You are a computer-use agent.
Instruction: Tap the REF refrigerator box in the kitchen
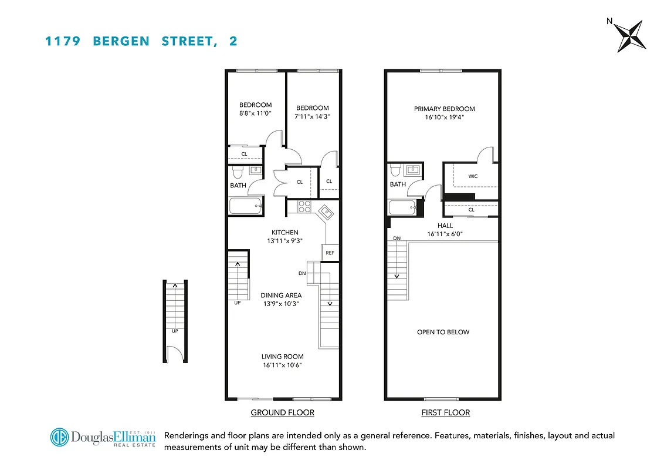[x=330, y=253]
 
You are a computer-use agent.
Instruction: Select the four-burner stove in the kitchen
[x=305, y=206]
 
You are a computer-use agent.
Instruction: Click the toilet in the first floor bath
[x=395, y=170]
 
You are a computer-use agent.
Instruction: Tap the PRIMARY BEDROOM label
[x=444, y=109]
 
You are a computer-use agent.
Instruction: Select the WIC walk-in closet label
[x=473, y=176]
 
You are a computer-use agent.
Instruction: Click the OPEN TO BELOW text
[x=443, y=332]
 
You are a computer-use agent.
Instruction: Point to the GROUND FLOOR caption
[x=282, y=412]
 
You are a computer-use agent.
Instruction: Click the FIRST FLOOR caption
[x=445, y=412]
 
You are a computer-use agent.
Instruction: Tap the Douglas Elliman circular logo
[x=59, y=438]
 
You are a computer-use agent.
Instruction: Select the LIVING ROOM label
[x=282, y=356]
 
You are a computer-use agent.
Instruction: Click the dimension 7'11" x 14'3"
[x=312, y=116]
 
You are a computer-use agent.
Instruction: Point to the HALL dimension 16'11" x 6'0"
[x=445, y=234]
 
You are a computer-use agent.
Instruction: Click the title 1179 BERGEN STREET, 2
[x=141, y=41]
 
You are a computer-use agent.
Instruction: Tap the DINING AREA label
[x=281, y=296]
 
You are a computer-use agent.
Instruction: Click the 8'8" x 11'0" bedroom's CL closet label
[x=244, y=155]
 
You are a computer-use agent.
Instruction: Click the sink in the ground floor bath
[x=255, y=170]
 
